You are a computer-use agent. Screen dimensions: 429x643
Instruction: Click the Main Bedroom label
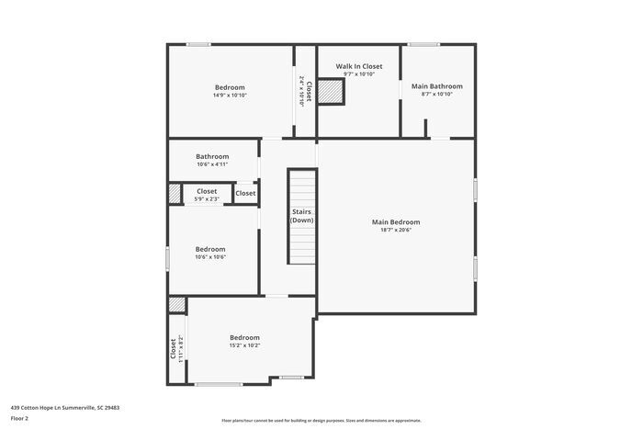click(396, 221)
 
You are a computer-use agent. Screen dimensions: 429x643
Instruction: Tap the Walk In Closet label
click(358, 66)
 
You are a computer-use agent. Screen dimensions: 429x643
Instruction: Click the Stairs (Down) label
click(302, 216)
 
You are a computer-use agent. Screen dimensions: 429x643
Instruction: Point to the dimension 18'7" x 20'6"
click(396, 230)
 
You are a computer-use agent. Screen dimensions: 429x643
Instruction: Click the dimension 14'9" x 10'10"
click(230, 95)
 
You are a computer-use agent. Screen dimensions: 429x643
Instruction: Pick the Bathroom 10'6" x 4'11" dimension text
click(212, 164)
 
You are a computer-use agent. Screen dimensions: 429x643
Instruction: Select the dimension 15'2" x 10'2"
click(244, 345)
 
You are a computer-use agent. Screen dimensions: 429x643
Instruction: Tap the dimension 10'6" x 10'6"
click(210, 257)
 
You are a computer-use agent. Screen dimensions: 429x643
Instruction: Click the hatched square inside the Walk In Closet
click(331, 92)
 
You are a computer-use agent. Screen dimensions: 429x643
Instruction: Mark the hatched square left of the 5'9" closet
click(175, 194)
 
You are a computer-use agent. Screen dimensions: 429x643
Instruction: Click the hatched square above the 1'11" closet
click(176, 305)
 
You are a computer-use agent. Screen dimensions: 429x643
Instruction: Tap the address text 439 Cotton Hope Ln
click(65, 406)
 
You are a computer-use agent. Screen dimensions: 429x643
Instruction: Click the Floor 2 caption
click(20, 417)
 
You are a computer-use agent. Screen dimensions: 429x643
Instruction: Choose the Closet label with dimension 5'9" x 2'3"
click(207, 191)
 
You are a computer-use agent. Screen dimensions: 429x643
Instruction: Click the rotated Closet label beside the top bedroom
click(309, 91)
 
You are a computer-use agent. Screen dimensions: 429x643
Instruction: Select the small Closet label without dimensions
click(245, 193)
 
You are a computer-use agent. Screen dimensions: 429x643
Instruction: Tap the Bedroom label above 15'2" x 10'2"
click(244, 337)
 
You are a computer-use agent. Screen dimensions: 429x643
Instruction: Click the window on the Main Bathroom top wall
click(423, 44)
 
